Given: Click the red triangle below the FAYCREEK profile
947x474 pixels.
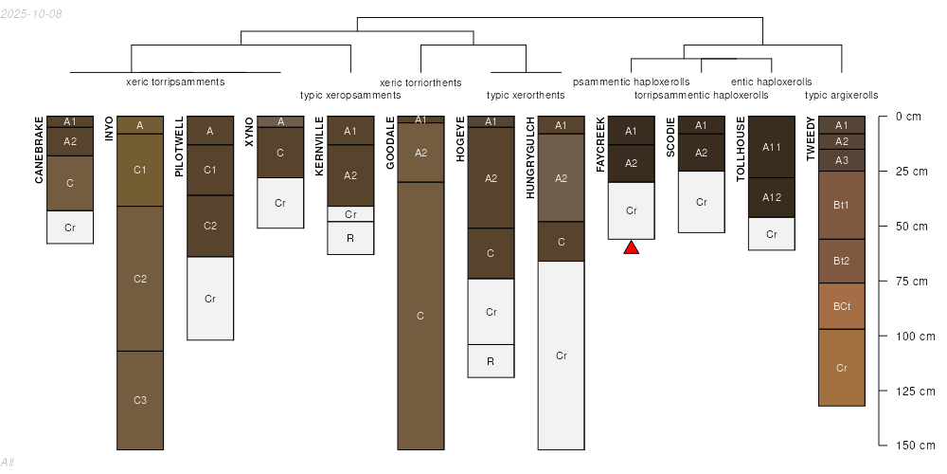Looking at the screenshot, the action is click(x=631, y=247).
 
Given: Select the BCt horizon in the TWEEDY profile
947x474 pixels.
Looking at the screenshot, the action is click(x=842, y=306).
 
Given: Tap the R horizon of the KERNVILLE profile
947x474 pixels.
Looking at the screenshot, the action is click(x=350, y=238).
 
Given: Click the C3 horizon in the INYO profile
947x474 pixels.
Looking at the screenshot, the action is click(x=140, y=400).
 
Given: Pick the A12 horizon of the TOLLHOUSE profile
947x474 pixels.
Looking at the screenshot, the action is click(x=772, y=198).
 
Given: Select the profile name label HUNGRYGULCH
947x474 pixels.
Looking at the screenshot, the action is click(x=531, y=157).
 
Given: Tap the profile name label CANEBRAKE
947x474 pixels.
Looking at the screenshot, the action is click(x=39, y=150).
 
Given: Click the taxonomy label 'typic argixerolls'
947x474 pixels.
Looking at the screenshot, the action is click(x=842, y=95).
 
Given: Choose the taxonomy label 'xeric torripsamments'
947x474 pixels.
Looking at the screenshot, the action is click(x=175, y=82).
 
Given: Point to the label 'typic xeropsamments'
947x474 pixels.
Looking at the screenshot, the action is click(x=350, y=95).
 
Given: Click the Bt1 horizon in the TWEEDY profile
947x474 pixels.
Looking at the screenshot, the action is click(x=842, y=205).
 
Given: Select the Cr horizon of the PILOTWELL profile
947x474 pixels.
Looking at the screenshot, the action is click(x=210, y=299).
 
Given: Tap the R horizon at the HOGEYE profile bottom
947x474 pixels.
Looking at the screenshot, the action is click(x=491, y=361).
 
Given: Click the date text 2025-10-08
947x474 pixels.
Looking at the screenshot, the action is click(x=31, y=14).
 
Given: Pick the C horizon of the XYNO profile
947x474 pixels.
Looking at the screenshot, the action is click(x=280, y=153).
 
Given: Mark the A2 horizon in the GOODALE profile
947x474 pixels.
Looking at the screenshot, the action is click(x=421, y=153).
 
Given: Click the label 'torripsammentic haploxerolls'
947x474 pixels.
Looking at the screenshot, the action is click(x=702, y=95).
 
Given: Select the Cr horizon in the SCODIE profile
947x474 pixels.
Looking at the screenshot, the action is click(x=702, y=202).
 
